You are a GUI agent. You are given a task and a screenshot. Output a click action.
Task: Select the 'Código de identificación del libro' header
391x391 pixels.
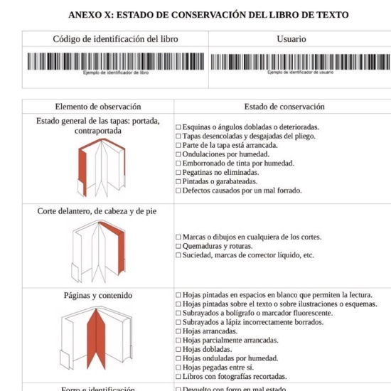point(115,39)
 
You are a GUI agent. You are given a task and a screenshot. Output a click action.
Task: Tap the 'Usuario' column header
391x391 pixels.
point(291,39)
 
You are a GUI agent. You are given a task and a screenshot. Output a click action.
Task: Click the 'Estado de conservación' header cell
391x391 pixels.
point(284,107)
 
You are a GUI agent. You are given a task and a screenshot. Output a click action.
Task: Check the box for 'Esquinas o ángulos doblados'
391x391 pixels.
point(178,127)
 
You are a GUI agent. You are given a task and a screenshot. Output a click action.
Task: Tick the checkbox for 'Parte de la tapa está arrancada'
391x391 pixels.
point(178,145)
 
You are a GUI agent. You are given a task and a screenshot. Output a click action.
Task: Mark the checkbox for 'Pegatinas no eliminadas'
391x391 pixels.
point(178,172)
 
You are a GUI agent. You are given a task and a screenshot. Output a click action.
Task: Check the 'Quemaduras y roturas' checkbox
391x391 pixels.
point(178,246)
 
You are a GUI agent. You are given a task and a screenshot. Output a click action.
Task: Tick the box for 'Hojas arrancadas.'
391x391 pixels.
point(178,331)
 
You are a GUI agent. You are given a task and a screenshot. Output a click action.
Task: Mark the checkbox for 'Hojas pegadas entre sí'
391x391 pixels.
point(178,368)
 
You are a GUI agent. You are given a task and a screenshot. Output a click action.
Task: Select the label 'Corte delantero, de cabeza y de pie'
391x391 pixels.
point(97,211)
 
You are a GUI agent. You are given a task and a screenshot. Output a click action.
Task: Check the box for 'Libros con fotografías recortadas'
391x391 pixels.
point(178,377)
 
